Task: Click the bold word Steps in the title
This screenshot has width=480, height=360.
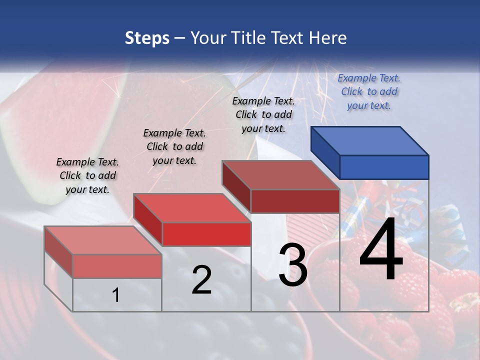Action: [x=147, y=38]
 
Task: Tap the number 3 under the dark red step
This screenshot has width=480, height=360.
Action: [x=293, y=265]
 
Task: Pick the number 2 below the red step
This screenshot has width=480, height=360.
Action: [x=201, y=280]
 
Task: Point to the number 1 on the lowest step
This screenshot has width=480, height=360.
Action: [x=115, y=295]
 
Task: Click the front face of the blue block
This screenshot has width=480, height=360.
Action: [x=384, y=167]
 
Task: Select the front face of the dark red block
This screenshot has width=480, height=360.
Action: [x=295, y=201]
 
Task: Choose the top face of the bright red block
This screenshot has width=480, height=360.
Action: [x=191, y=207]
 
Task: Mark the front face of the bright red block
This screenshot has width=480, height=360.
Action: [x=206, y=234]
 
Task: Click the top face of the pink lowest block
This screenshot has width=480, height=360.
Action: [x=102, y=240]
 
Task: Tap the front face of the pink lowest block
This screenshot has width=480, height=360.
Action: [x=117, y=266]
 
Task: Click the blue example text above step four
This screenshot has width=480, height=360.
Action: [x=369, y=91]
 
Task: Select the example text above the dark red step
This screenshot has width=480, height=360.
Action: [x=263, y=114]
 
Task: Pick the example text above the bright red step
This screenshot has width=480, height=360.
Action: [x=174, y=146]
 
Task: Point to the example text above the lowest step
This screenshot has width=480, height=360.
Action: [x=87, y=175]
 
